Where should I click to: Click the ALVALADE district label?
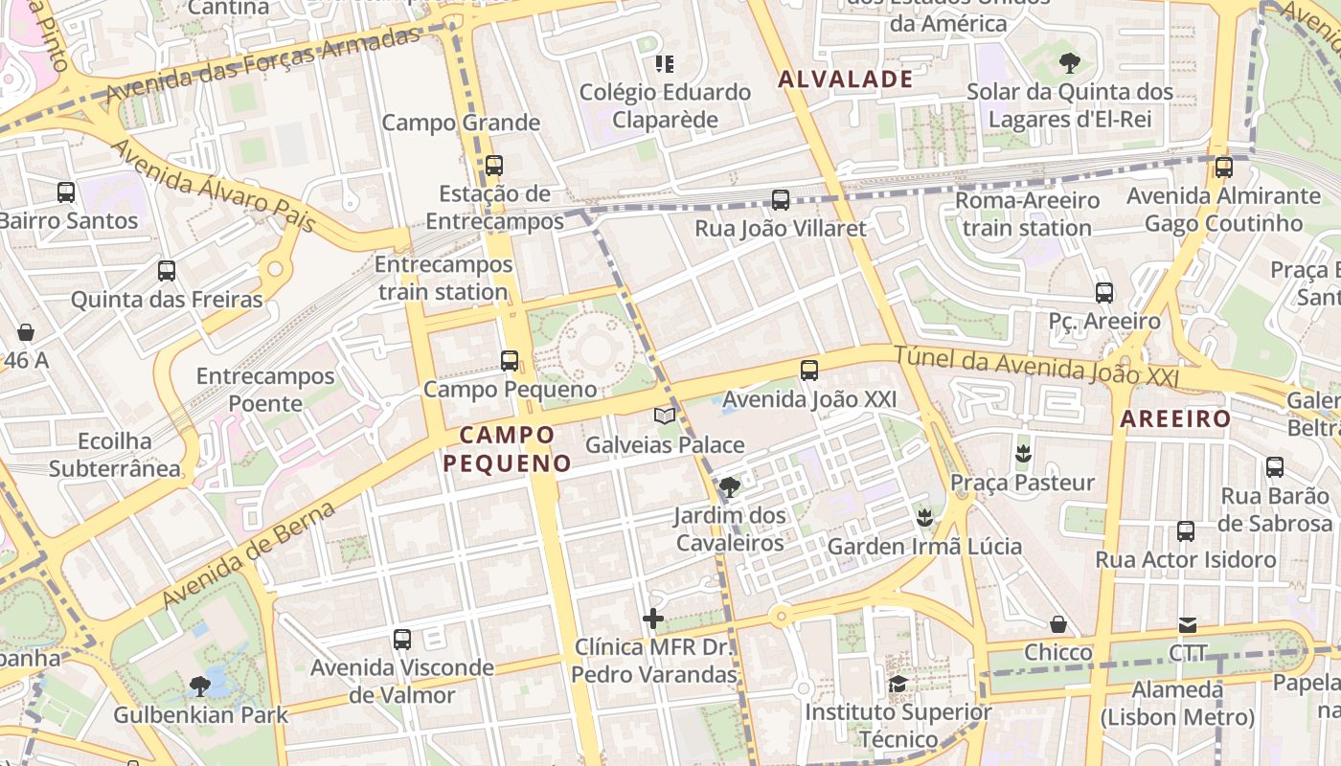[846, 79]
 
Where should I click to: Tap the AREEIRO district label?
[1175, 418]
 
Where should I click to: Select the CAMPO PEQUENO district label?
[507, 449]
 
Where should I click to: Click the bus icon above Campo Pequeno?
[510, 361]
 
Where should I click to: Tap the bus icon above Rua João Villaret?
[781, 200]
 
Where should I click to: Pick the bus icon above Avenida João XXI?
[809, 371]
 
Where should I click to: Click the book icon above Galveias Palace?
[665, 416]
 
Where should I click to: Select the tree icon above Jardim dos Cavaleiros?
[730, 486]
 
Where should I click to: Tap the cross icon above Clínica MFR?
[653, 619]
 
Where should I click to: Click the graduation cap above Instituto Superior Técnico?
[898, 684]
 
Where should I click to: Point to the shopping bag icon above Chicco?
[1058, 624]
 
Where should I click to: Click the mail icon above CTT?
[1188, 625]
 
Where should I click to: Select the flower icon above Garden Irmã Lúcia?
[924, 518]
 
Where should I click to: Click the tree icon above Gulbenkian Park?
[200, 686]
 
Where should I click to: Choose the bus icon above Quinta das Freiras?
[167, 271]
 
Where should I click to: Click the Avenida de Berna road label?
[248, 554]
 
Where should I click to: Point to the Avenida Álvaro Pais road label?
[214, 187]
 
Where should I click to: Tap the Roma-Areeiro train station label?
[1027, 214]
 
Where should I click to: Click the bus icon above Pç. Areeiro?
[1104, 293]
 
